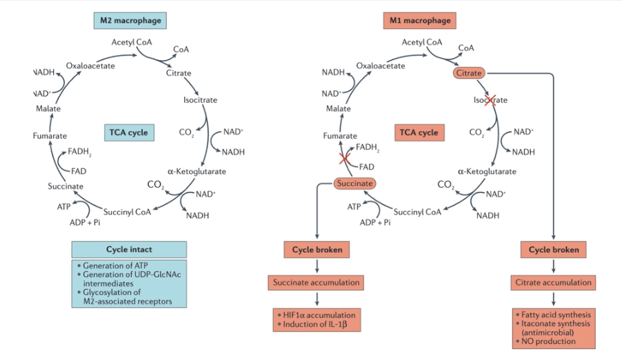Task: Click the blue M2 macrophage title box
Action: [130, 21]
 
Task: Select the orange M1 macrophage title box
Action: [419, 21]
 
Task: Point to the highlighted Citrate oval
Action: [468, 72]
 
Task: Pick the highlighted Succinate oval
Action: [354, 183]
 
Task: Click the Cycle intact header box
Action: [129, 249]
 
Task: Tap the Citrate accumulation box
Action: [553, 282]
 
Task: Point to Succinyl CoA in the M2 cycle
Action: [127, 212]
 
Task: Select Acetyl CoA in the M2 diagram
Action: [132, 42]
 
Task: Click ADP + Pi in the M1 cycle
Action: [375, 222]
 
